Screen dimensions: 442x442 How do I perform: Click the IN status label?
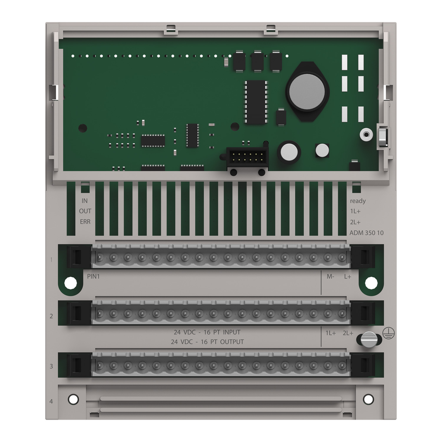(x=85, y=201)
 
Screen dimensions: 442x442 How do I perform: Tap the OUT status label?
(x=85, y=211)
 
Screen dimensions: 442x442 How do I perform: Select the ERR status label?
(x=85, y=222)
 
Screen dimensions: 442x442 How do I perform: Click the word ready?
(x=358, y=201)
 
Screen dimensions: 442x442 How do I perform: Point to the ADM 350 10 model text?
(x=366, y=233)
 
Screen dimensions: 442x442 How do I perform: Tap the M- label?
(x=331, y=276)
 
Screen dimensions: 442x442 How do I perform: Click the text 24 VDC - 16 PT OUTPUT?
(x=207, y=342)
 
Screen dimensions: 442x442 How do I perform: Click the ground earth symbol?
(x=388, y=333)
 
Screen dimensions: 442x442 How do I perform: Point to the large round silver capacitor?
(x=307, y=91)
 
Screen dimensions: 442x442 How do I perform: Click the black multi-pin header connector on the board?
(x=247, y=157)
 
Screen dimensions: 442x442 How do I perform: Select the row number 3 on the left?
(x=51, y=366)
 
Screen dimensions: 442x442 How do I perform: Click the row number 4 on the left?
(x=51, y=401)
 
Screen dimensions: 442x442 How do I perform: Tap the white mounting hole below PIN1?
(x=70, y=283)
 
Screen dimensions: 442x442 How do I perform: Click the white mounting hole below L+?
(x=371, y=283)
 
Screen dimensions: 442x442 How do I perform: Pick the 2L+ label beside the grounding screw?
(x=348, y=333)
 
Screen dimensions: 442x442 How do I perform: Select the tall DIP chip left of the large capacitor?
(x=256, y=102)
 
